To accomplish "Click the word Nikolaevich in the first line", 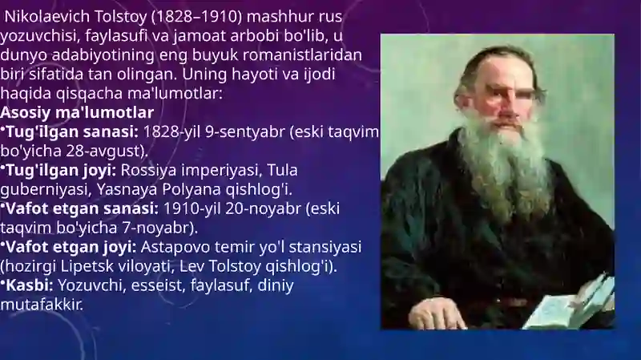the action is tap(47, 17).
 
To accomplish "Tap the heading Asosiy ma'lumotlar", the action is tap(77, 112).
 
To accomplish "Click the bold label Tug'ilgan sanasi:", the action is tap(72, 132).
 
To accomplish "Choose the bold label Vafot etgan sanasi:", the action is tap(82, 208).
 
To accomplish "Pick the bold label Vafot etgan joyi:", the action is tap(71, 247).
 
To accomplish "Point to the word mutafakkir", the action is tap(42, 305).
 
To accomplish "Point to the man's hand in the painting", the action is tap(435, 313).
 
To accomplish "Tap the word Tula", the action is tap(282, 170).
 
